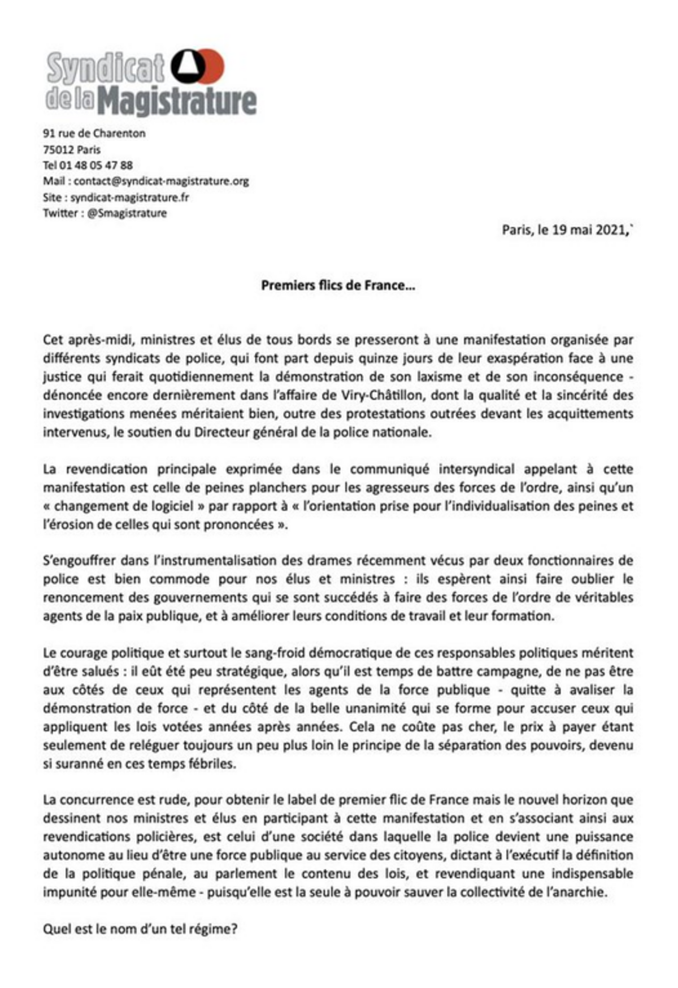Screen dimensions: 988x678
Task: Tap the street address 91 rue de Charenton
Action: coord(94,133)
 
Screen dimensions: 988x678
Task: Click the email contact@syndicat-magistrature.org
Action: coord(161,181)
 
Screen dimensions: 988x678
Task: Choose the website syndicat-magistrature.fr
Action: coord(129,197)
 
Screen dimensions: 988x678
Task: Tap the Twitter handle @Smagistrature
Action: coord(127,213)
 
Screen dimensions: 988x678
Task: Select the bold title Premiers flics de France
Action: coord(337,285)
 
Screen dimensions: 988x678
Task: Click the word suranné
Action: coord(79,764)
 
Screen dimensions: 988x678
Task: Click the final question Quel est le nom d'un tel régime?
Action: coord(140,929)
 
